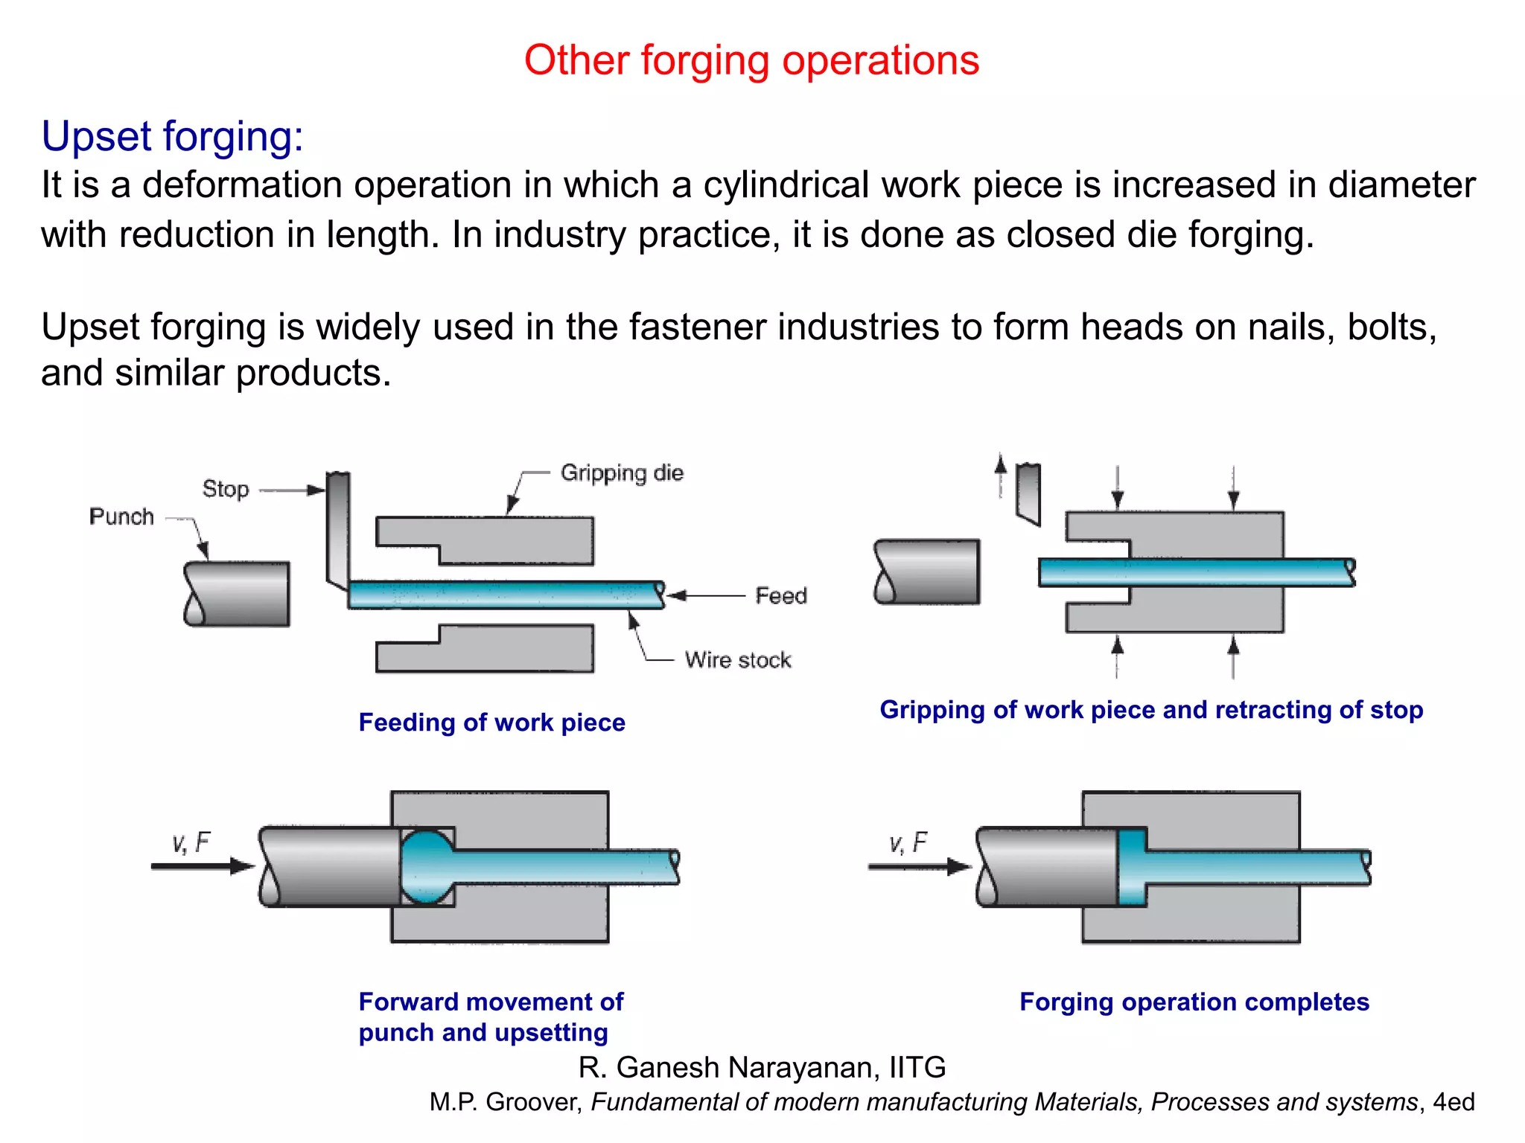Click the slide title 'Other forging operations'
[751, 60]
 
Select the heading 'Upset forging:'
[172, 137]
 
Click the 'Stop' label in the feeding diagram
[226, 489]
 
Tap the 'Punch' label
[121, 516]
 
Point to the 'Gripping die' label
[622, 473]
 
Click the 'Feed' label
[781, 595]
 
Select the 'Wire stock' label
[738, 660]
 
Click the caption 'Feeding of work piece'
[491, 723]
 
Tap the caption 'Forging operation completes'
[1194, 1002]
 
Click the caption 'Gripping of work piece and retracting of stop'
[1151, 710]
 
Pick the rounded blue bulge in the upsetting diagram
[427, 867]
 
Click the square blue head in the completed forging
[1132, 867]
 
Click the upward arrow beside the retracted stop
[1001, 476]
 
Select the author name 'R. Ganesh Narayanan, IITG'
[762, 1067]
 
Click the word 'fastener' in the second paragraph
[697, 327]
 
